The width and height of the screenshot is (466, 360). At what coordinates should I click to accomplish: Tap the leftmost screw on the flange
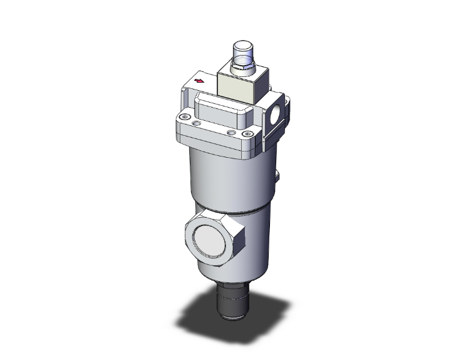click(x=183, y=117)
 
